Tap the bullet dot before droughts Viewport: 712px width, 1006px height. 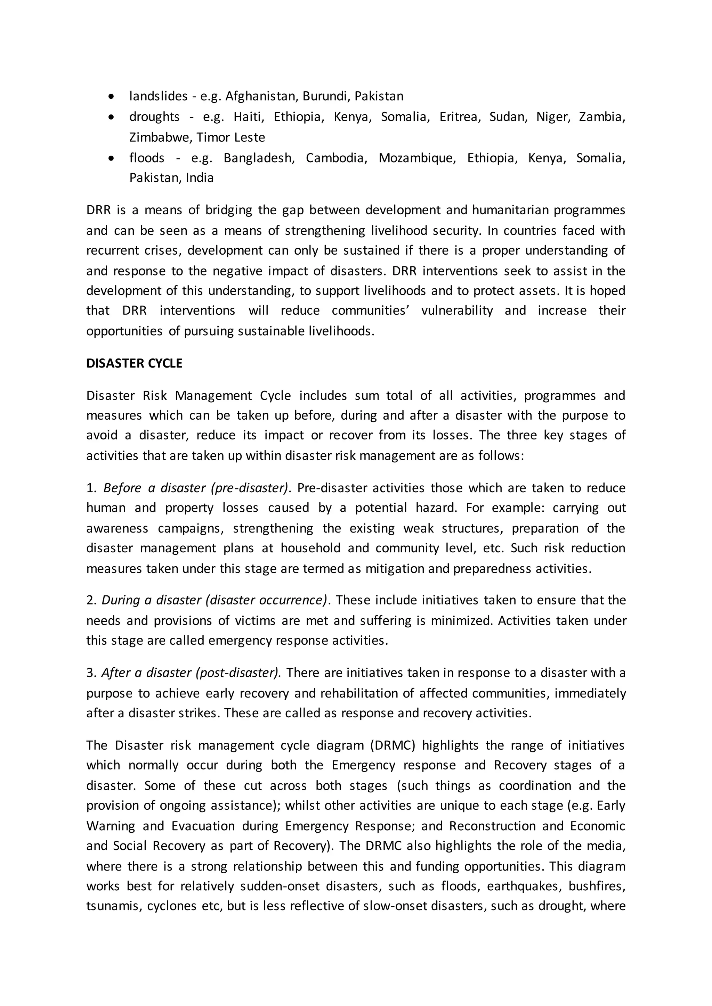click(112, 117)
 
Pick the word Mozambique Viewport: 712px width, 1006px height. click(416, 158)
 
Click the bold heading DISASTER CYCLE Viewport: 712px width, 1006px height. click(134, 363)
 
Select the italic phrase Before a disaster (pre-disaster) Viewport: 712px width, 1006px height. click(196, 488)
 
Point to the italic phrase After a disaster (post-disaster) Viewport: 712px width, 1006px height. click(191, 673)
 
